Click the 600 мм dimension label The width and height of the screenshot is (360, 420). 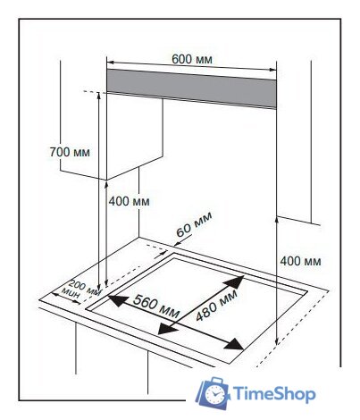(192, 59)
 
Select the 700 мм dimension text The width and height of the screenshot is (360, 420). (70, 152)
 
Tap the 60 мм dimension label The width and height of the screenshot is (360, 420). (194, 223)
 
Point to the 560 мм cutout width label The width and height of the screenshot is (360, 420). (156, 307)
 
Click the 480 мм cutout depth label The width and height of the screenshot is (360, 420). (217, 306)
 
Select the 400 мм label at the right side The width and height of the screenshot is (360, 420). (300, 261)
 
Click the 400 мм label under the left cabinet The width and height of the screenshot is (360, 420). (129, 202)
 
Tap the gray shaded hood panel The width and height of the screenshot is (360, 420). (191, 88)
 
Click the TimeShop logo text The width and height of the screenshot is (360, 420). (273, 394)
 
